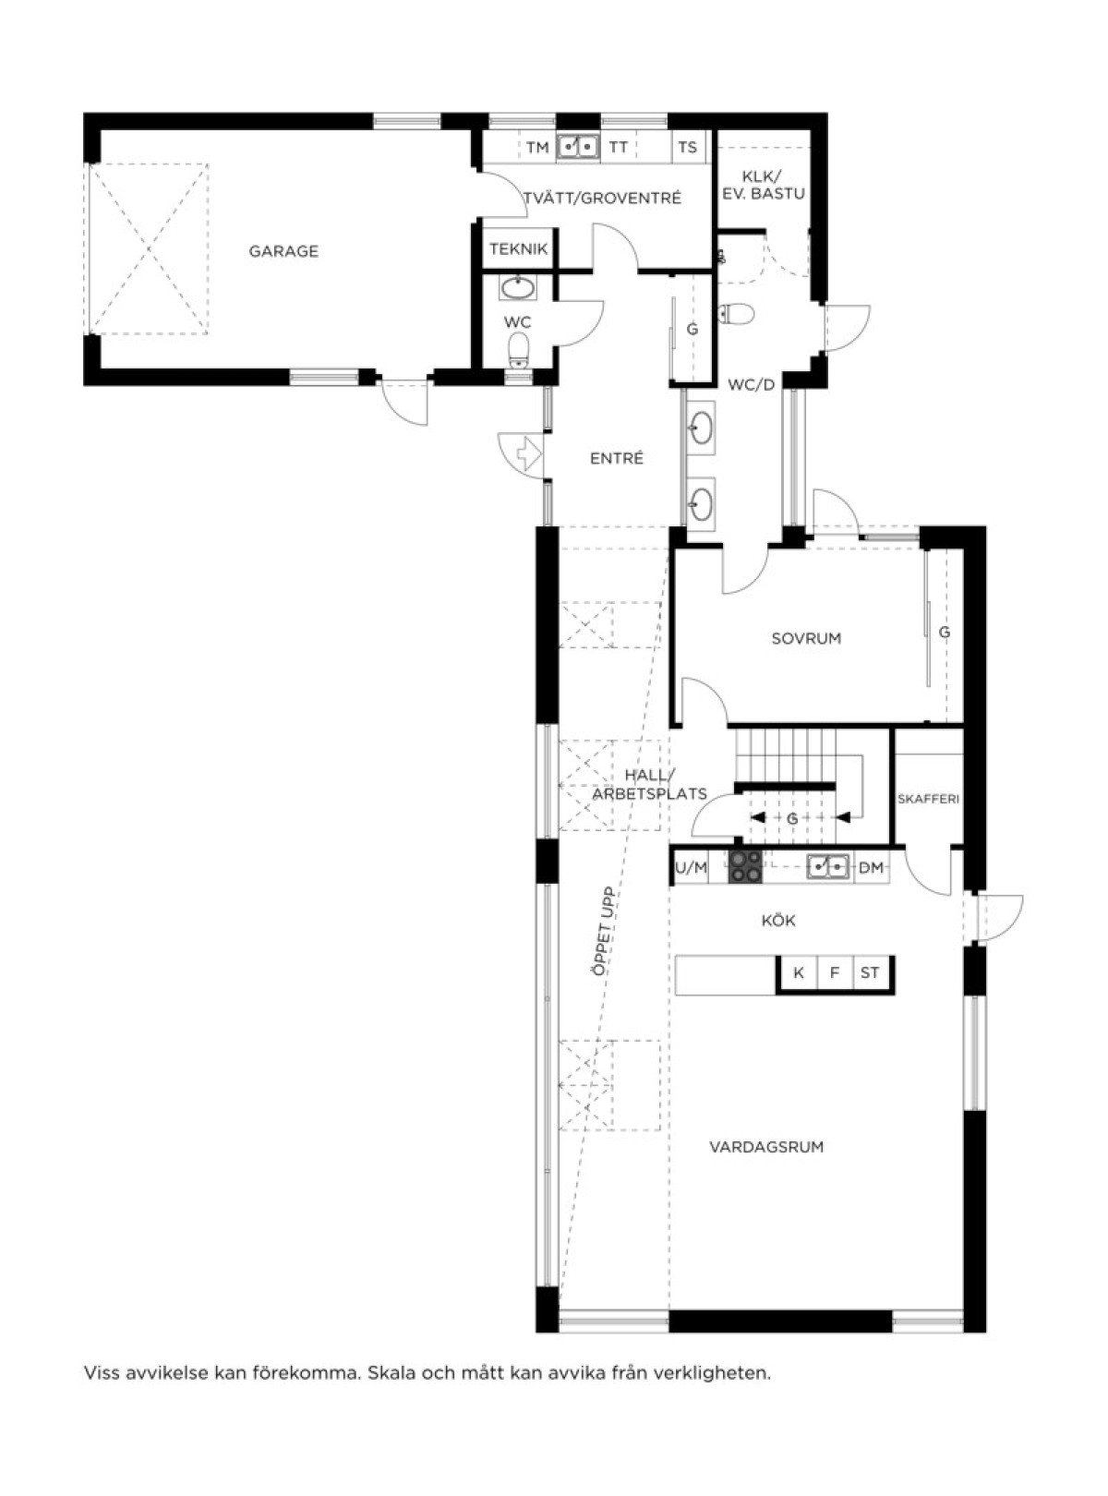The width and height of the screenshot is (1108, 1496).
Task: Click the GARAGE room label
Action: coord(283,251)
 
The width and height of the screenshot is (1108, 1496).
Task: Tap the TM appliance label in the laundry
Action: coord(537,147)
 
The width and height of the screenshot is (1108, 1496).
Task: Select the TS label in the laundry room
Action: coord(687,147)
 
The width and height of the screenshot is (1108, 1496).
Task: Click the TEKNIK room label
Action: coord(519,249)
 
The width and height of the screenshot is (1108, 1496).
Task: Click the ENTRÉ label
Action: coord(617,459)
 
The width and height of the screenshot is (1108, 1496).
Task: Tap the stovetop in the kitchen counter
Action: coord(745,867)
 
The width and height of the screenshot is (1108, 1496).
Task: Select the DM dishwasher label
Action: coord(872,868)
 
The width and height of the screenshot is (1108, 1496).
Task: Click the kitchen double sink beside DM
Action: coord(828,866)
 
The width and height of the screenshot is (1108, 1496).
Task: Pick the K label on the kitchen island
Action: coord(799,972)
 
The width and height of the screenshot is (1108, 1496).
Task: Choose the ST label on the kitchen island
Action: coord(870,972)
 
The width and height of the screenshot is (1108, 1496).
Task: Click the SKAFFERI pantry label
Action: coord(928,800)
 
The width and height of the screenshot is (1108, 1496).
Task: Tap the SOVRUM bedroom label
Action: coord(807,638)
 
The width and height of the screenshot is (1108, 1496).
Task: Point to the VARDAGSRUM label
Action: coord(766,1147)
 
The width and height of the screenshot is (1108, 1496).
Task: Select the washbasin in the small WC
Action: coord(518,288)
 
